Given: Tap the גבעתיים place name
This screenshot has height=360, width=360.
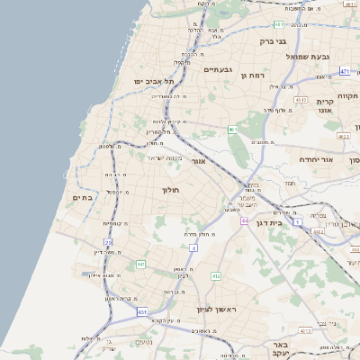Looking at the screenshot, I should point(219,69).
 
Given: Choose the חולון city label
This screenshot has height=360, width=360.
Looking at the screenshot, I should point(171,191).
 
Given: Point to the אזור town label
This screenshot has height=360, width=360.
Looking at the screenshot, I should point(200,160).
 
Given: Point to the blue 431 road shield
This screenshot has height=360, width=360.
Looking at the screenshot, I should point(141,312).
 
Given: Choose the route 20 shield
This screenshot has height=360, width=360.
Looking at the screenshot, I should point(109,242).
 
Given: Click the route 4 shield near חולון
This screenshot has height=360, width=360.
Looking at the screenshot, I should point(193,247).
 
